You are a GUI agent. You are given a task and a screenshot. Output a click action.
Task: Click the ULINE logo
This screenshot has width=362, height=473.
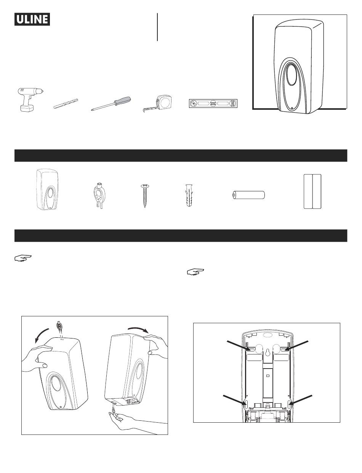click(32, 19)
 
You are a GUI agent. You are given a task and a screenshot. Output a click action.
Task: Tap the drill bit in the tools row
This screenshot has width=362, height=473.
click(66, 103)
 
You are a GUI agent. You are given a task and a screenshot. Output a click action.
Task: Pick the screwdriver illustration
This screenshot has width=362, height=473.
click(111, 104)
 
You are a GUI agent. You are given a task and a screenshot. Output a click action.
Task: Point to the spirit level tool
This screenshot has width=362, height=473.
click(213, 104)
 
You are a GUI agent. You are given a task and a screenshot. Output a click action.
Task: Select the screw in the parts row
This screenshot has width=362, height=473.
click(145, 196)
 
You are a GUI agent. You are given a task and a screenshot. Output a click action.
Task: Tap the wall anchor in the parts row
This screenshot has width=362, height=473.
click(189, 196)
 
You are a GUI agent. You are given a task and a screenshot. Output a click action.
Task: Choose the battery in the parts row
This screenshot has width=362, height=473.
click(248, 195)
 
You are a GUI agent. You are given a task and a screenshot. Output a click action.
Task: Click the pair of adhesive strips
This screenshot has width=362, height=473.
click(312, 191)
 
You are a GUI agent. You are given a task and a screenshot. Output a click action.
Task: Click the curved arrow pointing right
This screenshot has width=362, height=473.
click(138, 329)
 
